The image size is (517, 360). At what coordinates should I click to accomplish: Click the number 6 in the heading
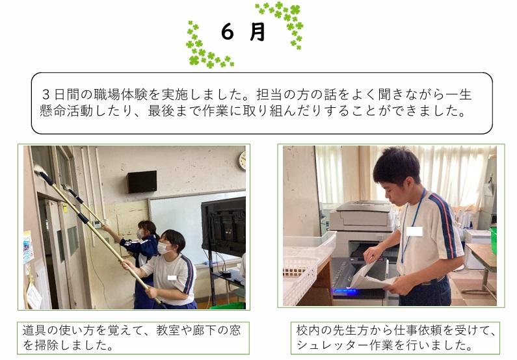[227, 32]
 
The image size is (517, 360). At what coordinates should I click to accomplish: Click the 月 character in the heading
[257, 32]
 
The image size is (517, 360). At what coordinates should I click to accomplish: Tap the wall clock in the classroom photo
[243, 161]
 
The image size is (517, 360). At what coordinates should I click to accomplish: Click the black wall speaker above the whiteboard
[142, 181]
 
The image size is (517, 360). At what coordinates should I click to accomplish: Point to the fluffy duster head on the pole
[40, 171]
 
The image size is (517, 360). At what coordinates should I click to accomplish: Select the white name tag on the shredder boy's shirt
[414, 231]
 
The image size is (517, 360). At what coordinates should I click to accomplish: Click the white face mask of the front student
[163, 248]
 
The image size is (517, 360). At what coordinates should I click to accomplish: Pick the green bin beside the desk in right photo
[493, 240]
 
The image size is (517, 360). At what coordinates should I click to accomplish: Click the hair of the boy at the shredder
[397, 164]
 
